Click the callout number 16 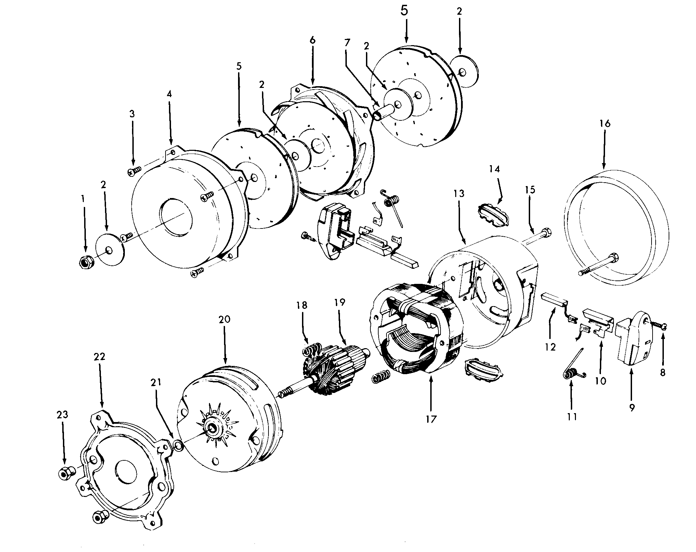605,123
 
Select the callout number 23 63,415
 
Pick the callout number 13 459,194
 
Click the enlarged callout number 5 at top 404,11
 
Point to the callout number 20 224,320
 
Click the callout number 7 347,43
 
